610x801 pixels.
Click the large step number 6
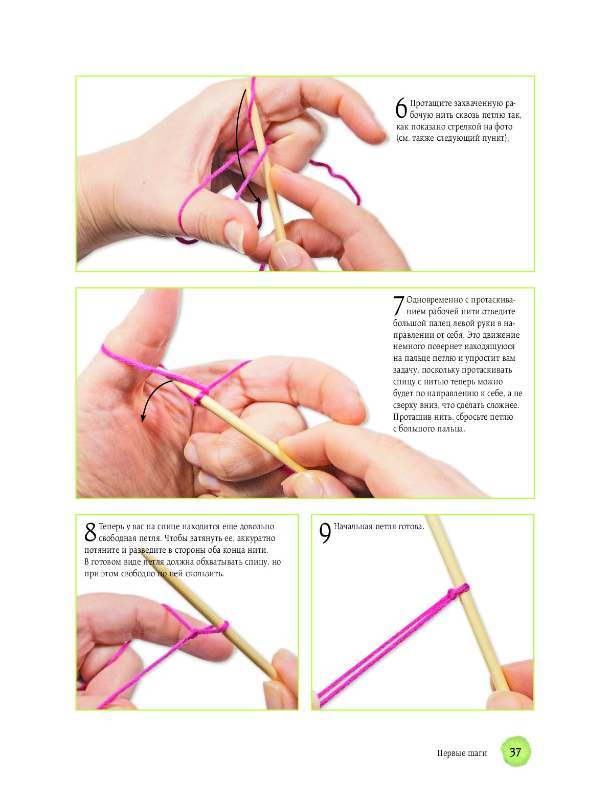(401, 108)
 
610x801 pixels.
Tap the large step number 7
(399, 306)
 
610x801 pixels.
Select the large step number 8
(91, 531)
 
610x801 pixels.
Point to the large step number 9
(325, 533)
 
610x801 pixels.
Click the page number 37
(515, 752)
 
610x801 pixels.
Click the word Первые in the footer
(450, 753)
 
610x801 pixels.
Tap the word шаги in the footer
(476, 753)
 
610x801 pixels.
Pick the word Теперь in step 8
(111, 527)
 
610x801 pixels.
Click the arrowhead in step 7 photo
(143, 418)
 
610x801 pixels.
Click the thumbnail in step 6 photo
(235, 235)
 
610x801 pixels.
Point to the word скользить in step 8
(205, 573)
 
